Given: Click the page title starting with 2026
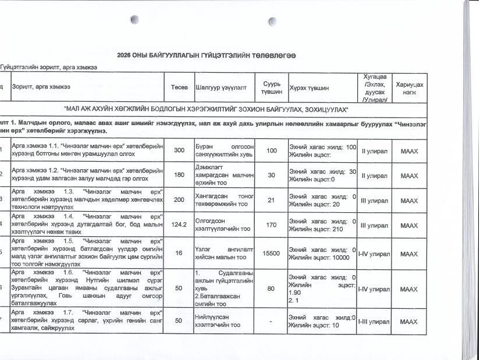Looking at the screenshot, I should click(x=207, y=55).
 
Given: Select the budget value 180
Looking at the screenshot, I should click(x=179, y=175).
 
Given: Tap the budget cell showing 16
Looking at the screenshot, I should click(x=179, y=254).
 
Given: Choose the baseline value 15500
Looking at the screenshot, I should click(x=271, y=254).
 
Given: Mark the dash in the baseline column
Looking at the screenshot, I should click(x=271, y=321).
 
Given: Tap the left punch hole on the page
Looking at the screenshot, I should click(x=135, y=20).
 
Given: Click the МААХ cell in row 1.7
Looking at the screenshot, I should click(x=410, y=321).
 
